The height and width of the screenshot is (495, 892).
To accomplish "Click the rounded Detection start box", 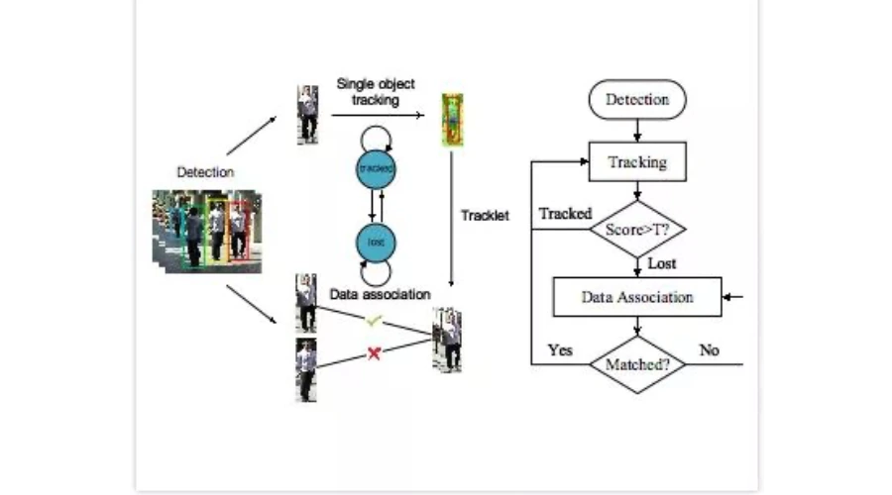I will pyautogui.click(x=637, y=100).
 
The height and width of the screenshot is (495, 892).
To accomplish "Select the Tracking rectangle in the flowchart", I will pyautogui.click(x=637, y=162).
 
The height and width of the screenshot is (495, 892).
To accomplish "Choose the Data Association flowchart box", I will pyautogui.click(x=637, y=296).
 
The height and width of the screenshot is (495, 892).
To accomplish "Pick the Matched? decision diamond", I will pyautogui.click(x=637, y=364).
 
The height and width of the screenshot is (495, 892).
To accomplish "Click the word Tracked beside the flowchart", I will pyautogui.click(x=565, y=213).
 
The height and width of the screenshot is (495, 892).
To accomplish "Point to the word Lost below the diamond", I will pyautogui.click(x=662, y=264).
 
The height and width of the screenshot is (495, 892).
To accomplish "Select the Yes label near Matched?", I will pyautogui.click(x=561, y=350).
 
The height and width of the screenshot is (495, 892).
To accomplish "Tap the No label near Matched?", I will pyautogui.click(x=710, y=350).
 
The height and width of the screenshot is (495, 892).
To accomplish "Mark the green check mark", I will pyautogui.click(x=374, y=321).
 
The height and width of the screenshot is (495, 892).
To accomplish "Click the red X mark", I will pyautogui.click(x=374, y=352).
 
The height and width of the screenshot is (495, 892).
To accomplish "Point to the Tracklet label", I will pyautogui.click(x=485, y=215).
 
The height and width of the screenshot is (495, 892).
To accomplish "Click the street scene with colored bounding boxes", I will pyautogui.click(x=207, y=232).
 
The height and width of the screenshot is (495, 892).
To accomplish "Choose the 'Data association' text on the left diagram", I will pyautogui.click(x=381, y=294).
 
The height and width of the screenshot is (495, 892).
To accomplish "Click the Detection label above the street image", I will pyautogui.click(x=205, y=172).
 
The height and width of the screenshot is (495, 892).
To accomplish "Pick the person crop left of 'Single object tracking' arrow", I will pyautogui.click(x=308, y=114).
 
